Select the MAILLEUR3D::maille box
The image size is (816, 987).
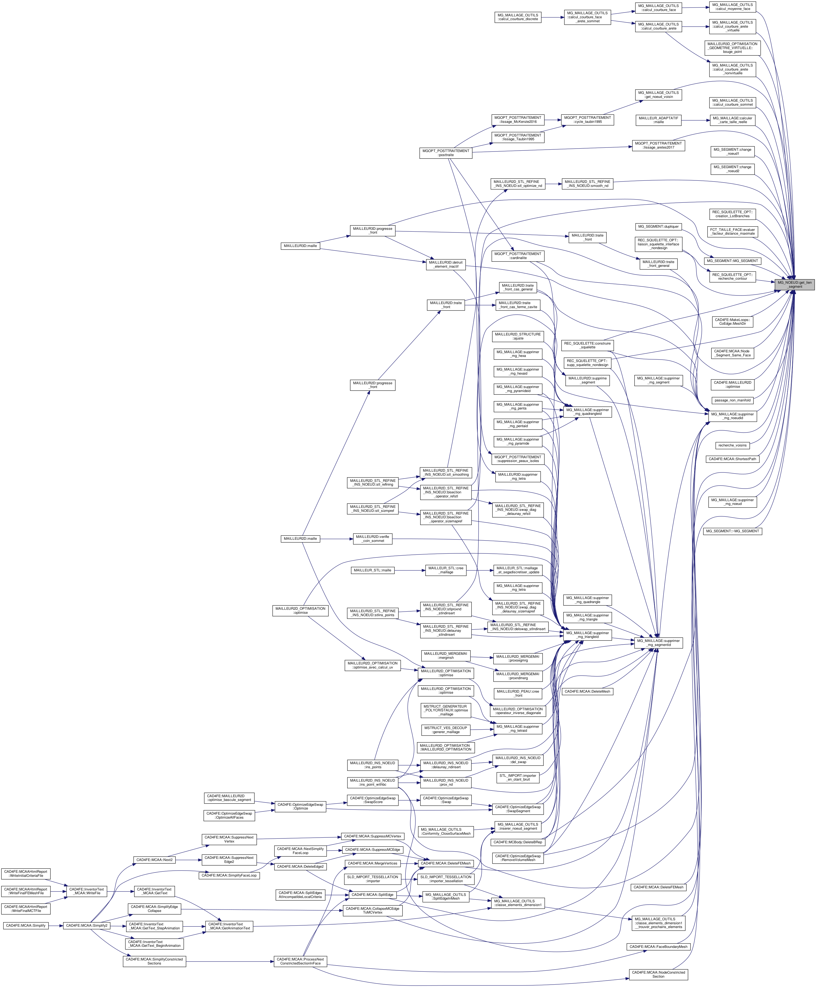300,246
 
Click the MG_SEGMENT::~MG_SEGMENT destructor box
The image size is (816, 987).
732,531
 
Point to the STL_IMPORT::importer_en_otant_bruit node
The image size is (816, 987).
518,778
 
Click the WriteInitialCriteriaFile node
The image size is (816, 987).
26,873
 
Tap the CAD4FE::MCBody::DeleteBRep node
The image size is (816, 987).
518,842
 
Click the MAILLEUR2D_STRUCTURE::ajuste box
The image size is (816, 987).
518,336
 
